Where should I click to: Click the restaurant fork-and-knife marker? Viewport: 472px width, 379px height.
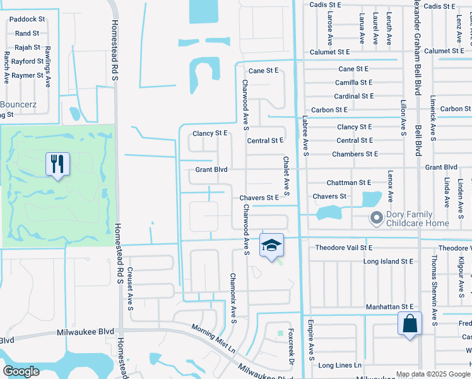tap(57, 164)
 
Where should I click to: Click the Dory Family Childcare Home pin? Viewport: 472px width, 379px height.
tap(377, 219)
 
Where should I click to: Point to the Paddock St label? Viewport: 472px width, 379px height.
tap(27, 20)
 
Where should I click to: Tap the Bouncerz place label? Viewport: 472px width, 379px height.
tap(20, 104)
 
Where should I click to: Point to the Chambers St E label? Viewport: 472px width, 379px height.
tap(355, 154)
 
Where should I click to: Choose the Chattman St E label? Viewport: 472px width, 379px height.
tap(348, 183)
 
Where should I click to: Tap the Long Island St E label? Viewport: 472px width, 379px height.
tap(388, 261)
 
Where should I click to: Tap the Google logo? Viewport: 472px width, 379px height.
tap(21, 371)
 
